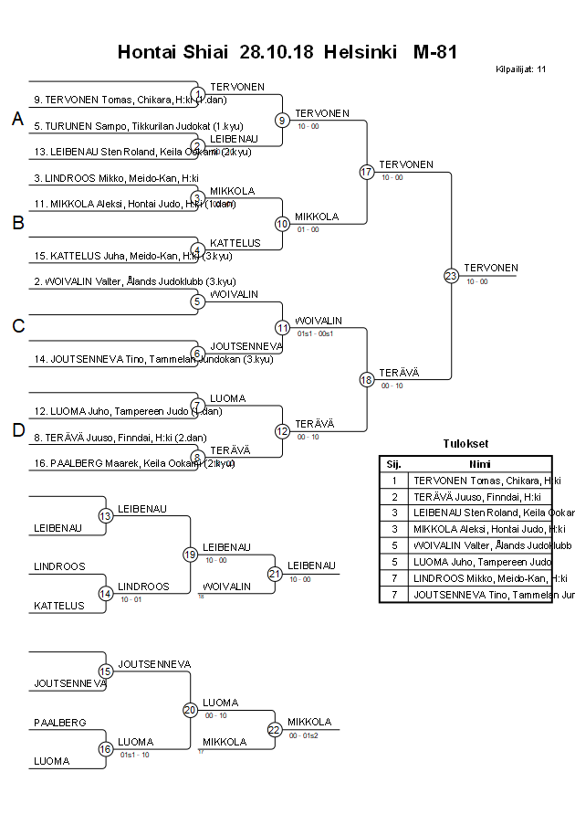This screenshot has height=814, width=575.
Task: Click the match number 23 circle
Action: tap(451, 276)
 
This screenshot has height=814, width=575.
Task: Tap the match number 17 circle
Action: tap(367, 172)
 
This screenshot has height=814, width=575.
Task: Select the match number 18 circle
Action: tap(367, 379)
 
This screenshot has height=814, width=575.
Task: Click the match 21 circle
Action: tap(275, 574)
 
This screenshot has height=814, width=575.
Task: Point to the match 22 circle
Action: tap(275, 729)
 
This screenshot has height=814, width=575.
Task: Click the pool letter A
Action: tap(17, 120)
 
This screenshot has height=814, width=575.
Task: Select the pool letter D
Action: tap(17, 430)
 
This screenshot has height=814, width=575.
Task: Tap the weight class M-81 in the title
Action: tap(434, 52)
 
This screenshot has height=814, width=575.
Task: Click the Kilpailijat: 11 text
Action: tap(520, 69)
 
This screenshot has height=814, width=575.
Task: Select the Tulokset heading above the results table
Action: tap(465, 445)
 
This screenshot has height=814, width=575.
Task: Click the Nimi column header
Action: tap(480, 463)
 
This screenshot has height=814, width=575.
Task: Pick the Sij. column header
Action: tap(393, 463)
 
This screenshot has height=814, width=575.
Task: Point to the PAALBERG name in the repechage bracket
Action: tap(60, 723)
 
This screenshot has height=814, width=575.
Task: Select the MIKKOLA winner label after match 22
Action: tap(309, 722)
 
